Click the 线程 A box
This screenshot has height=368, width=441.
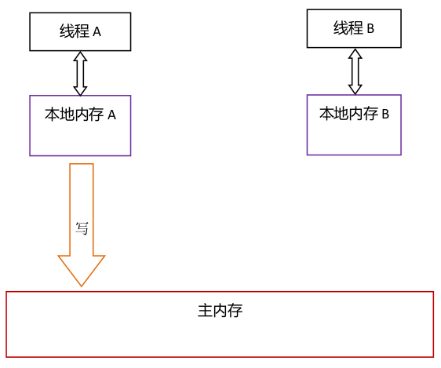(x=80, y=31)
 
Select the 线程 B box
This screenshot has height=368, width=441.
(x=354, y=29)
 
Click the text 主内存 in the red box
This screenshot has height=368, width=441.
(x=220, y=310)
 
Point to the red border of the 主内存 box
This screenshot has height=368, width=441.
(x=220, y=292)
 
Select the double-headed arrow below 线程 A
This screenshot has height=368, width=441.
(x=80, y=74)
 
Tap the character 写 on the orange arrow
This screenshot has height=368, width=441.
(x=82, y=228)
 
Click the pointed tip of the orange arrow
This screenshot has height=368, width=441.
(x=82, y=283)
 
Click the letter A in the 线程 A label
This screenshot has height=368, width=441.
(x=98, y=32)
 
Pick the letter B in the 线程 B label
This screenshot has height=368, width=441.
(x=370, y=29)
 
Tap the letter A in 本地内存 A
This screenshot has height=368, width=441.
(x=111, y=115)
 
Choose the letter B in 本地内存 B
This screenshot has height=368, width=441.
(x=385, y=114)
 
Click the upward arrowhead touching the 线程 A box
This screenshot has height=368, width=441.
(x=80, y=56)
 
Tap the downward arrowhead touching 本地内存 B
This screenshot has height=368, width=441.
(x=355, y=89)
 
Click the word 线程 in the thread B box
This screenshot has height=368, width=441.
(x=347, y=29)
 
